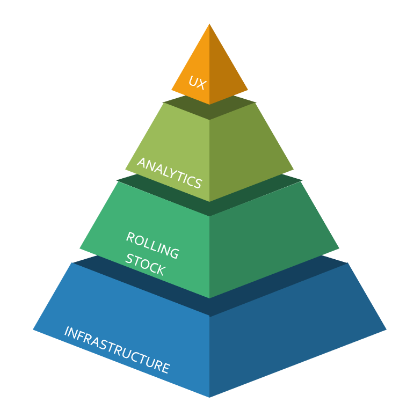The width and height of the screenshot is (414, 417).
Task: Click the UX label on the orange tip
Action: (197, 83)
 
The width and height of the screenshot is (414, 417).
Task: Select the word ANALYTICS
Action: (170, 173)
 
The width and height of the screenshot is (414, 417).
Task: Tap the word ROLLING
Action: (152, 245)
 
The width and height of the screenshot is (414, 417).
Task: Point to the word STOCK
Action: (146, 264)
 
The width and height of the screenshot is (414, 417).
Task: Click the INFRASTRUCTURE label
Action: (117, 350)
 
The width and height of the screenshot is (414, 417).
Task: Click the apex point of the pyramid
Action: (209, 24)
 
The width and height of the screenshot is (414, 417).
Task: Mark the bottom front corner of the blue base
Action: (209, 397)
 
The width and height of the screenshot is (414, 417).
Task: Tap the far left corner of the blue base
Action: (33, 330)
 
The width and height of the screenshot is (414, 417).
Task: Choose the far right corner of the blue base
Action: (386, 330)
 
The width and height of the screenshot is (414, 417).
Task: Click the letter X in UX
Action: (201, 85)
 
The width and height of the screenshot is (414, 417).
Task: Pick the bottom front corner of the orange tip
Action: (209, 104)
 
